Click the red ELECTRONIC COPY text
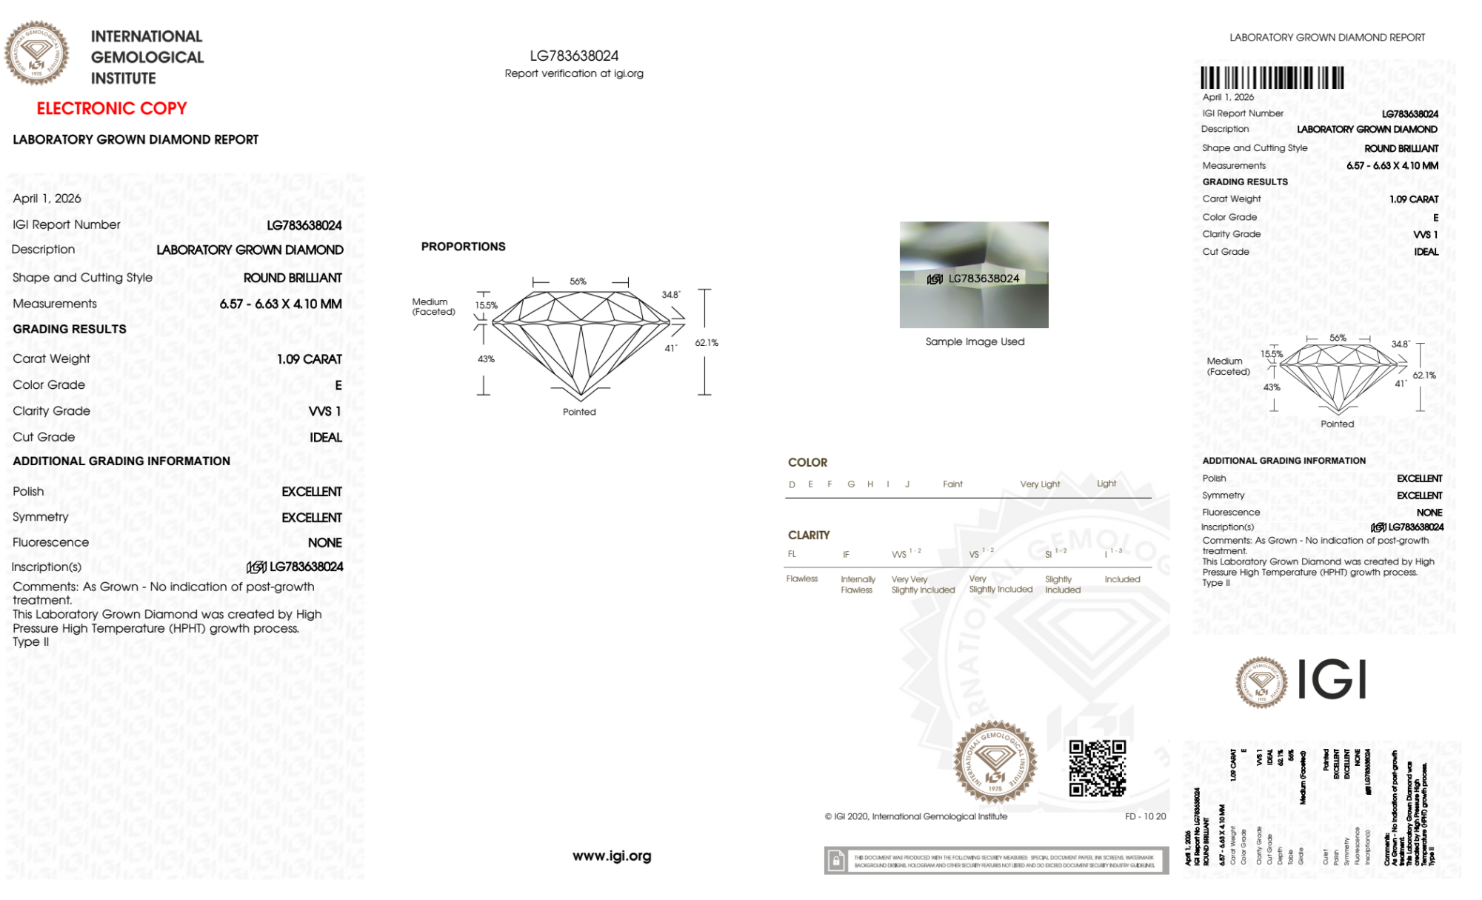pos(112,108)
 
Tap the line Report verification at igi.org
pos(574,73)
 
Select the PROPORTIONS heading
pos(463,247)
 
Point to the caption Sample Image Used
pos(975,341)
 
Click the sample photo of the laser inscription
pos(974,274)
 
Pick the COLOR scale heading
pos(807,462)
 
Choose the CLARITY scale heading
pos(809,535)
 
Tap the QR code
pos(1097,768)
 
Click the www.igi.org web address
pos(612,856)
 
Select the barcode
pos(1272,78)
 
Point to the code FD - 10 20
pos(1145,816)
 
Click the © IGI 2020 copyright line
pos(916,816)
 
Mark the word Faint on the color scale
pos(952,484)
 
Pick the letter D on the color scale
pos(792,484)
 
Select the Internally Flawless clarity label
pos(858,584)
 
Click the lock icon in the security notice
pos(836,861)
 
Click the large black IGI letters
pos(1332,679)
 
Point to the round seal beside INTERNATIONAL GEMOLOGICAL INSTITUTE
pos(36,53)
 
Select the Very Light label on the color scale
pos(1040,484)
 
